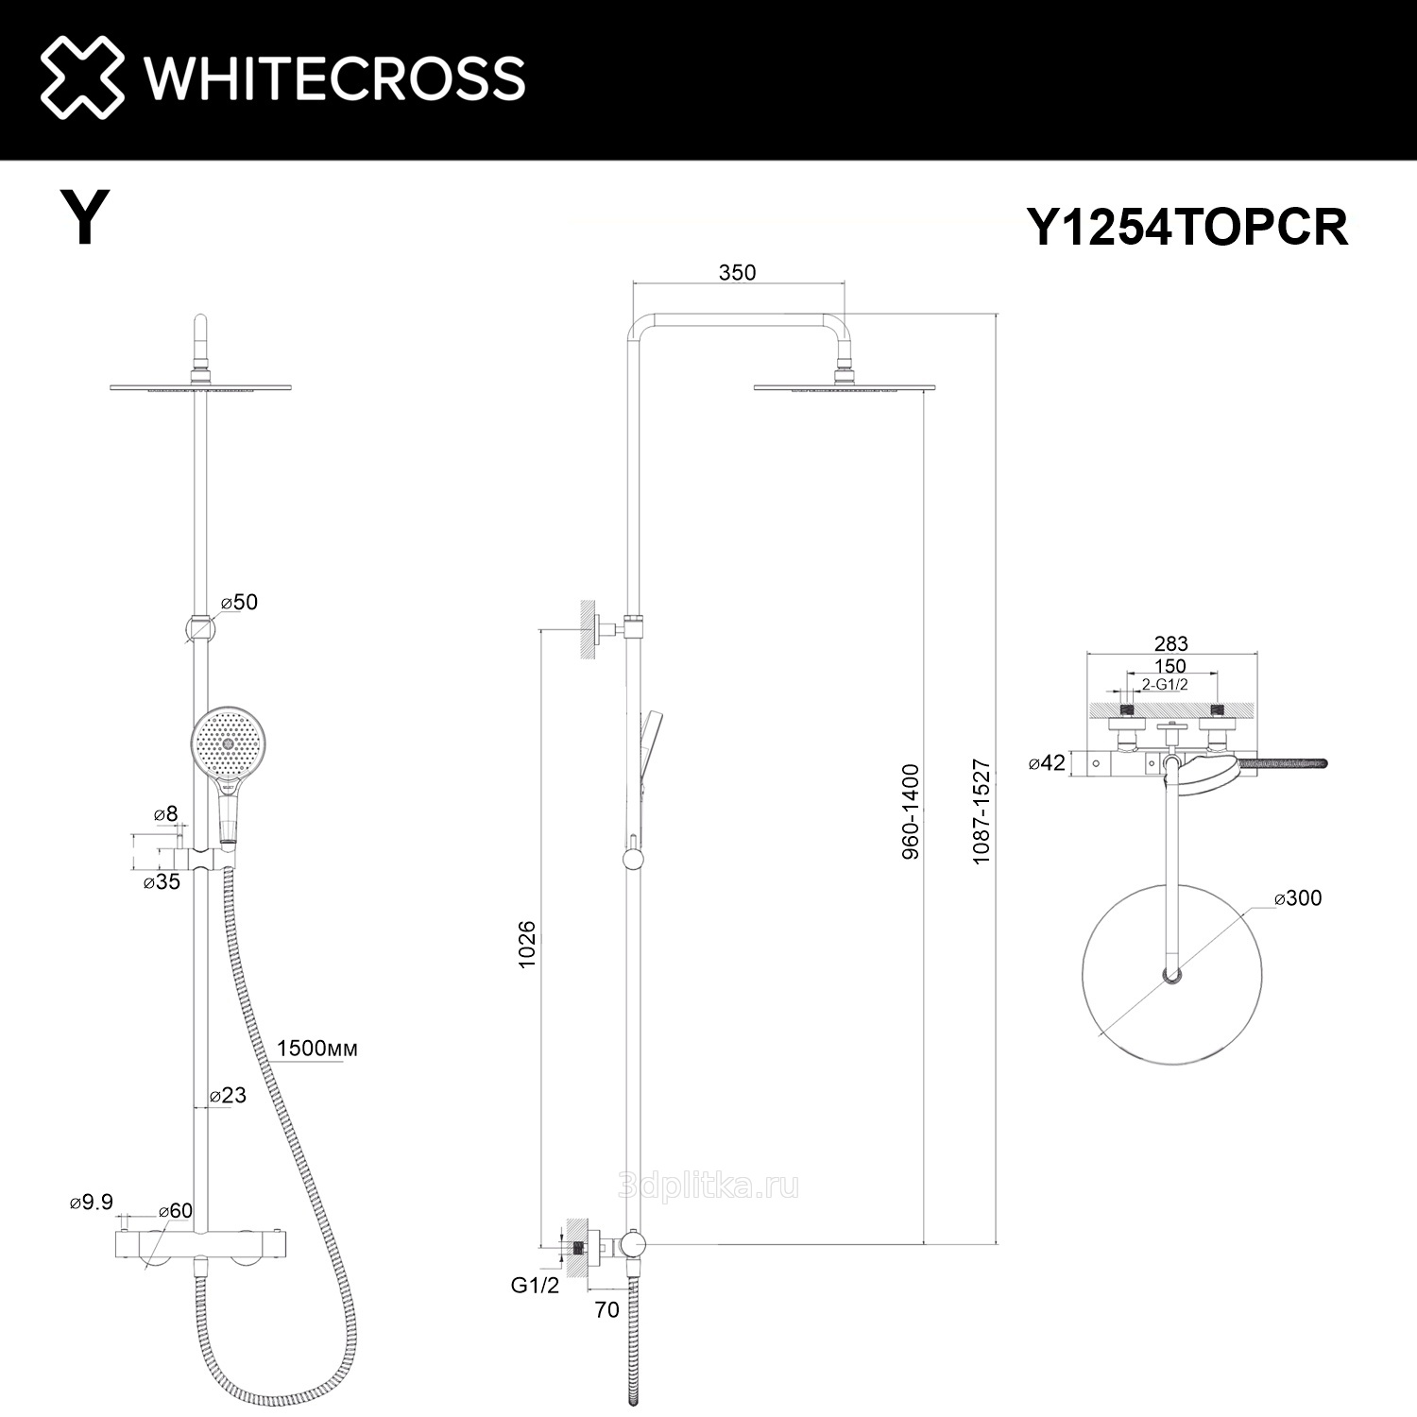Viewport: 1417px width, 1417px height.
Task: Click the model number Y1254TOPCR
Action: [1187, 228]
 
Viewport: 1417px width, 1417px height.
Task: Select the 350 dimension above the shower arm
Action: [737, 272]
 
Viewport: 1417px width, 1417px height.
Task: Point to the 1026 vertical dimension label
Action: [527, 942]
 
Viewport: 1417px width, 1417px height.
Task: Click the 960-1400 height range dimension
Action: [910, 811]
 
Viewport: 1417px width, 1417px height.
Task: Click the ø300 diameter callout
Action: [1298, 897]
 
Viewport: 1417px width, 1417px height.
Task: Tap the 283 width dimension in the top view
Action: [1171, 643]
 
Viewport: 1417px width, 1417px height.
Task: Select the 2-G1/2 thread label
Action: [1164, 685]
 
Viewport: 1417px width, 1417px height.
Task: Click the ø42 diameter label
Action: [1047, 762]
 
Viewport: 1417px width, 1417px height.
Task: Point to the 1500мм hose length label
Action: [317, 1049]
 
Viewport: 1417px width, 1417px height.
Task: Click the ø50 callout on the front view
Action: [239, 602]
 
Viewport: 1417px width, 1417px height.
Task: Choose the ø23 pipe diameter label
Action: [228, 1095]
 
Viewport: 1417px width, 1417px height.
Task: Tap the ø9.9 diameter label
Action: [92, 1202]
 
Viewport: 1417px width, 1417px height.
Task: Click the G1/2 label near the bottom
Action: [535, 1285]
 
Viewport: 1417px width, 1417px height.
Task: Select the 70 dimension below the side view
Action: [607, 1309]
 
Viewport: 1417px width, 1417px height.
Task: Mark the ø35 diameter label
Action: [162, 881]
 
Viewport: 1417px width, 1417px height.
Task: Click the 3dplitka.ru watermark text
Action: [708, 1186]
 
